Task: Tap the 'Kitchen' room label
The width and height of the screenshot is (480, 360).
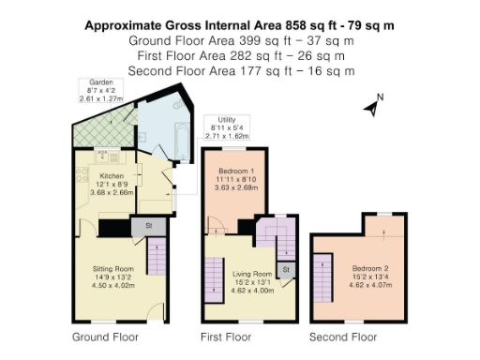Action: (x=112, y=175)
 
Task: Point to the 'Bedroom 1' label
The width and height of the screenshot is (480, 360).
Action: (x=234, y=170)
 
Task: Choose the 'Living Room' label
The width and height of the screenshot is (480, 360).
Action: (x=252, y=274)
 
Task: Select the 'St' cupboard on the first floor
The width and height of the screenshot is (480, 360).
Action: (x=285, y=270)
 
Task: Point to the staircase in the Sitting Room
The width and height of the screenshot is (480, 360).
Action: (x=157, y=256)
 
